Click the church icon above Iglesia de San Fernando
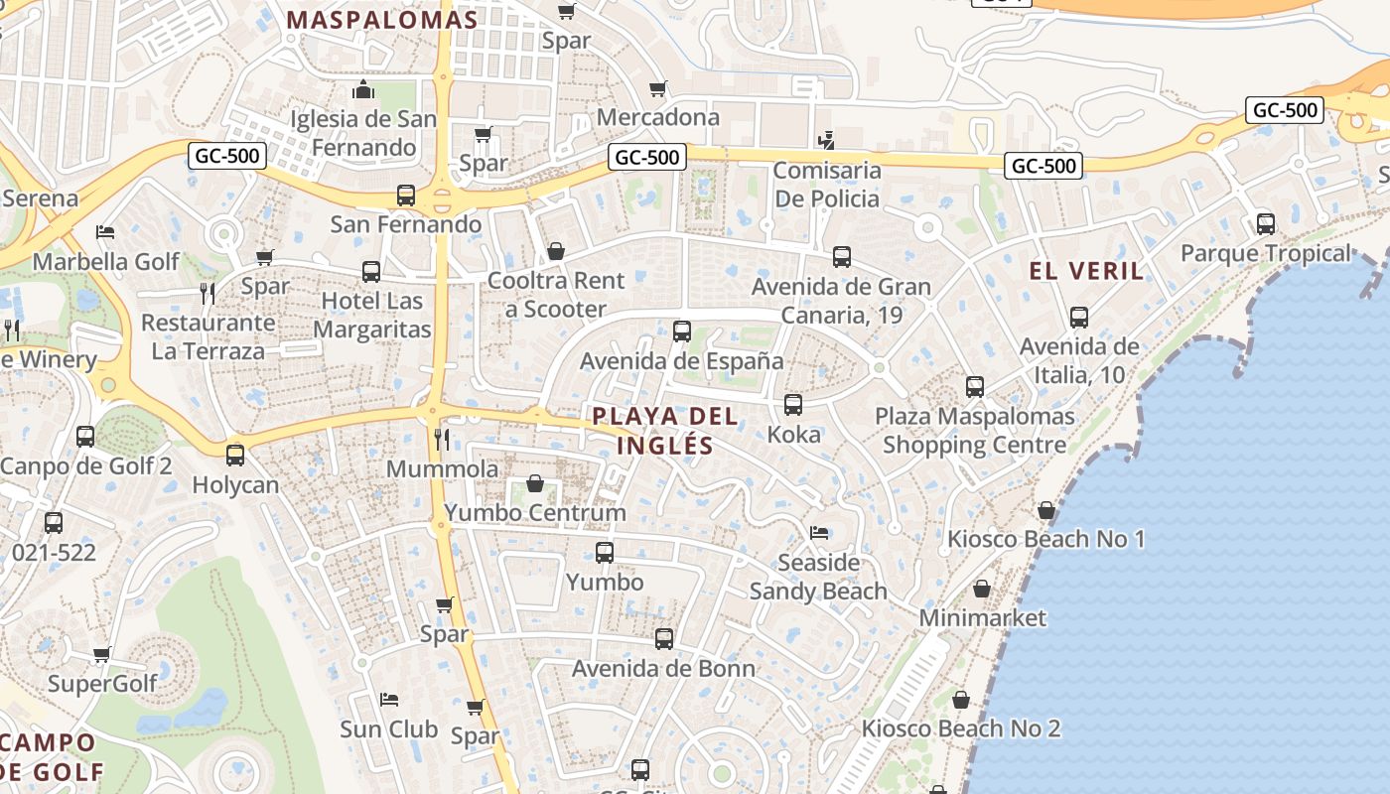click(363, 90)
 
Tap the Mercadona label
click(658, 117)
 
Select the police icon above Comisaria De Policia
click(826, 140)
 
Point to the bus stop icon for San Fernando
click(405, 196)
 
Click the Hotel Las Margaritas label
click(371, 315)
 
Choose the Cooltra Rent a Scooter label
click(556, 295)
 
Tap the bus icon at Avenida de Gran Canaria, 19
click(842, 257)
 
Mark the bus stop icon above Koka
click(793, 405)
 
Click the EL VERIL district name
click(1086, 271)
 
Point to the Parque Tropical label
click(1266, 254)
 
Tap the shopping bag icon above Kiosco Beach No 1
click(1046, 511)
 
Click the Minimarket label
click(982, 618)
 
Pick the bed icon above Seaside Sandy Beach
click(818, 533)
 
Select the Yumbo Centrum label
click(535, 513)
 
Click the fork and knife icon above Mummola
click(442, 439)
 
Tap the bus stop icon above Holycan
click(235, 456)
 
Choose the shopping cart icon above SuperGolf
click(102, 655)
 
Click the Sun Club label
click(388, 729)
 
